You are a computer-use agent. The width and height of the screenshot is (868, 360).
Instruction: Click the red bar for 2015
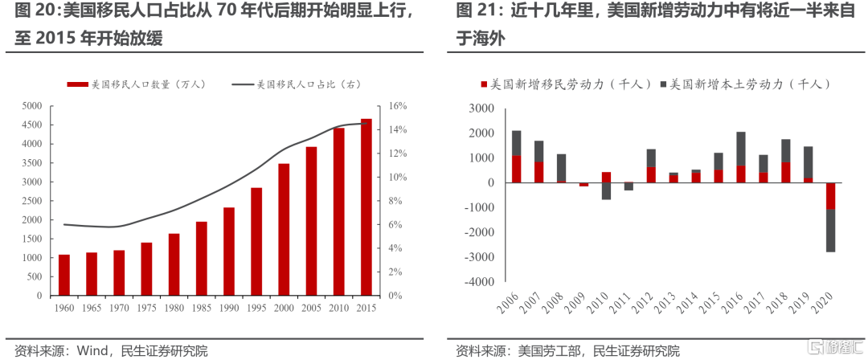coord(366,207)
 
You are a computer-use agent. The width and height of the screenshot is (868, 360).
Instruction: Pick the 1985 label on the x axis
coord(202,308)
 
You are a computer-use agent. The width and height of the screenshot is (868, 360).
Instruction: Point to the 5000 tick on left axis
coord(31,106)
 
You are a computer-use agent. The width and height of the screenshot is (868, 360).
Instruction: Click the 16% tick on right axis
coord(398,106)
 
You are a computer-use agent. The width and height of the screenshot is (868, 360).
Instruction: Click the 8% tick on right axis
coord(396,201)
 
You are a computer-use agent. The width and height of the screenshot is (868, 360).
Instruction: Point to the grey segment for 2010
coord(606,191)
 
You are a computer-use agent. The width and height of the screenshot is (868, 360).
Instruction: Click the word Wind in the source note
coord(94,350)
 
